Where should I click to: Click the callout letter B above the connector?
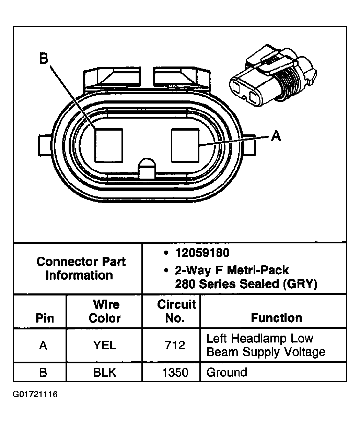click(x=43, y=58)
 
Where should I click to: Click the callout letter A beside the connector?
click(x=276, y=136)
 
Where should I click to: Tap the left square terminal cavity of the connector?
click(x=108, y=145)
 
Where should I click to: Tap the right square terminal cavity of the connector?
click(x=185, y=145)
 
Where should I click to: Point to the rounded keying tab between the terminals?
click(x=146, y=168)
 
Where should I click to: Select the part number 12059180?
click(x=202, y=253)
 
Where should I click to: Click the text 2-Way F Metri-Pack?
click(x=232, y=270)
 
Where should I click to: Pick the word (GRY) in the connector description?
click(x=298, y=284)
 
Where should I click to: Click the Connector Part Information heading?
click(x=81, y=268)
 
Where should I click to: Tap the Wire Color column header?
click(x=105, y=311)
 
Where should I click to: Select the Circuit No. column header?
click(x=176, y=311)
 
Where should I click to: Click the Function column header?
click(x=276, y=318)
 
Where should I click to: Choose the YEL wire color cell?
click(x=105, y=345)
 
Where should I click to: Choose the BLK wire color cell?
click(x=105, y=372)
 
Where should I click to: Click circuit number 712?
click(x=175, y=345)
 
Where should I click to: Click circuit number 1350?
click(x=175, y=372)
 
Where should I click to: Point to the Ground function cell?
click(x=227, y=372)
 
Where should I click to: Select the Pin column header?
click(x=45, y=318)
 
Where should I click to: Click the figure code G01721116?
click(x=35, y=394)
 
